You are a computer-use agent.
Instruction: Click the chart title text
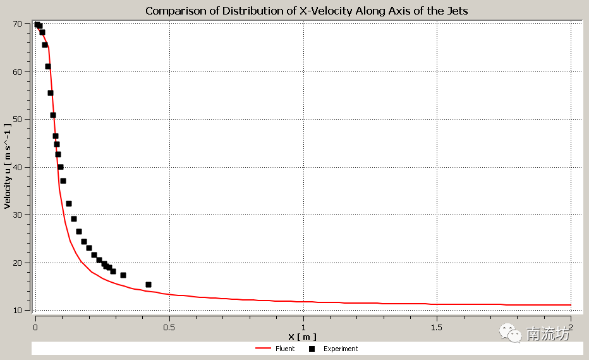(x=307, y=11)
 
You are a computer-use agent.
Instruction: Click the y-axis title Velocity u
(x=8, y=166)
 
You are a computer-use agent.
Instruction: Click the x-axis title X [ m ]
(x=302, y=337)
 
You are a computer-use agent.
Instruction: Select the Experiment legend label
(x=341, y=349)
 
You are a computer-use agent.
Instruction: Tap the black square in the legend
(x=312, y=349)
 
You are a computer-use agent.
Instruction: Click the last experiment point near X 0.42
(x=149, y=285)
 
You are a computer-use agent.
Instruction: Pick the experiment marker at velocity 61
(x=48, y=66)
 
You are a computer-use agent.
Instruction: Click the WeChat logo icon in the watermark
(x=511, y=332)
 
